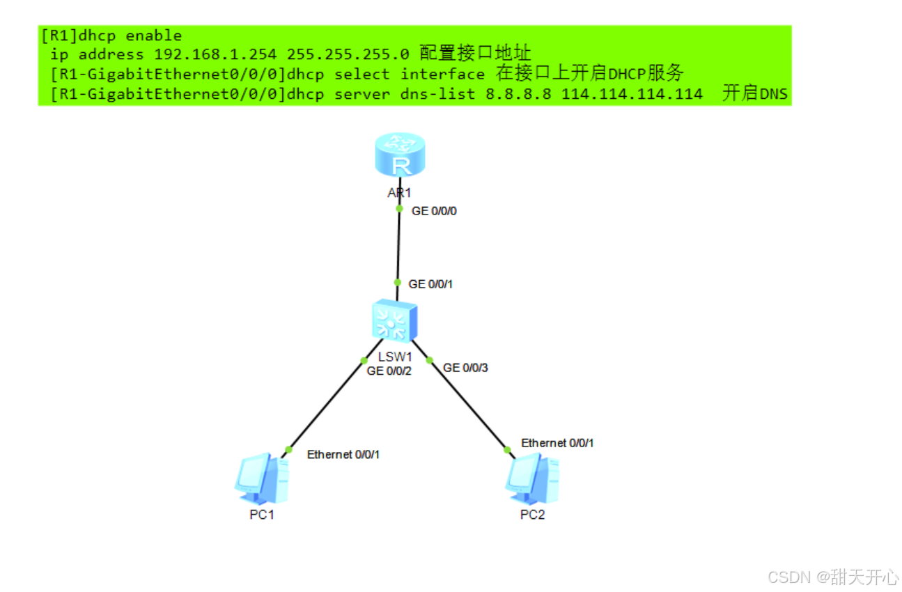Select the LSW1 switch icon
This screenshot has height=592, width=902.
394,321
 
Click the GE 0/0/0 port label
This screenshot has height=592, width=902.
434,211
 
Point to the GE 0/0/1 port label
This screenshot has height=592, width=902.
430,284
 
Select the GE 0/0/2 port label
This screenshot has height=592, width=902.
389,371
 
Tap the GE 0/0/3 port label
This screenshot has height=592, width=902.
465,367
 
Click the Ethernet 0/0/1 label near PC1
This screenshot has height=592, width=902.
343,454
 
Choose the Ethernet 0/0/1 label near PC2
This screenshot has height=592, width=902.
557,443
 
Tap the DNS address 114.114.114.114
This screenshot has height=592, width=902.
632,94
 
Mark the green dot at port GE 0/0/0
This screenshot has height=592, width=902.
400,208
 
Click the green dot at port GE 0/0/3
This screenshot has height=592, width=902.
430,360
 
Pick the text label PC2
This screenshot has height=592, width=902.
532,515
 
